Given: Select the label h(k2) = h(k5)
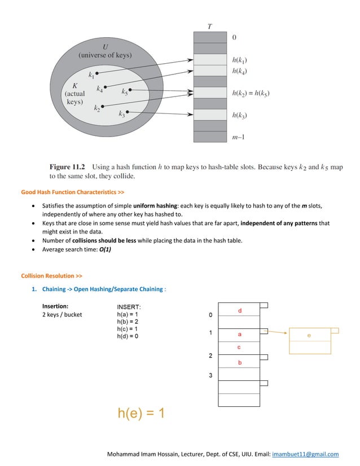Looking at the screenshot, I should tap(251, 93).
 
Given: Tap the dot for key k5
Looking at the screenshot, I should tap(130, 90).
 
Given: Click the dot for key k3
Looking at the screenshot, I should tap(128, 112).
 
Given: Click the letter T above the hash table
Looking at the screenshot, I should tap(209, 26).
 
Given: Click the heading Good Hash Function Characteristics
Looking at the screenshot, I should tap(72, 192).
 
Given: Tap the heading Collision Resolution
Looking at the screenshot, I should tap(51, 276).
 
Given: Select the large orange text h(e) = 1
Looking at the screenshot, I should tap(141, 414).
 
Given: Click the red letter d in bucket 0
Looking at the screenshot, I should tap(240, 311).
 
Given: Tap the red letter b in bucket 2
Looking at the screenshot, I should tap(239, 363).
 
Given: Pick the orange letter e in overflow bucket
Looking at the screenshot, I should tap(309, 335).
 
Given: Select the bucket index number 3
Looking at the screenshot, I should tap(210, 375).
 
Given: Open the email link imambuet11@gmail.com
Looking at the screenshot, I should tap(305, 454).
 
